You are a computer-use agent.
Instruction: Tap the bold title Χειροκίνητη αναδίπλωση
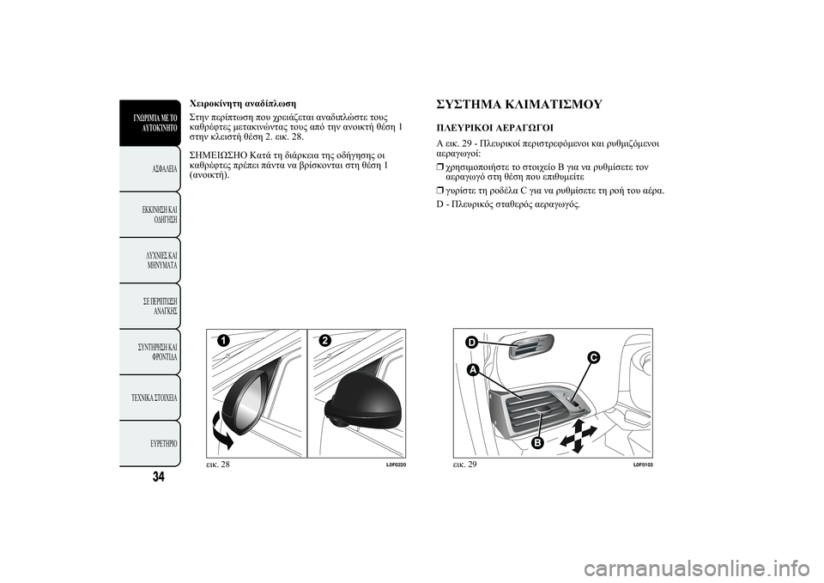[x=242, y=102]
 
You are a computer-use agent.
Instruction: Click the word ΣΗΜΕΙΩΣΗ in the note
[x=215, y=155]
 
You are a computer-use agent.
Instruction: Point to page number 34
[x=159, y=477]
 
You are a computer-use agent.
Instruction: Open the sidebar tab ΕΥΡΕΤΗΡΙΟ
[x=161, y=443]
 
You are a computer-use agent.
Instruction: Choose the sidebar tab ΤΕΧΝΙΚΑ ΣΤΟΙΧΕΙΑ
[x=155, y=398]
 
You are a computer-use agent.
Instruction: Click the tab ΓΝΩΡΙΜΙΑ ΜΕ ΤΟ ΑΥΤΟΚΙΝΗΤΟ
[x=155, y=123]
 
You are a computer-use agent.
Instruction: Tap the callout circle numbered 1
[x=223, y=341]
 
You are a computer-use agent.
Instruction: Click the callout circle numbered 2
[x=324, y=341]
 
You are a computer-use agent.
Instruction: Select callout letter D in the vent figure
[x=471, y=343]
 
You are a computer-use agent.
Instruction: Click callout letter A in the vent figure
[x=472, y=368]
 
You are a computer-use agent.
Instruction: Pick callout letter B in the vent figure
[x=538, y=442]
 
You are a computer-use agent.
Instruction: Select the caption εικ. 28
[x=218, y=465]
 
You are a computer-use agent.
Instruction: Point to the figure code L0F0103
[x=643, y=465]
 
